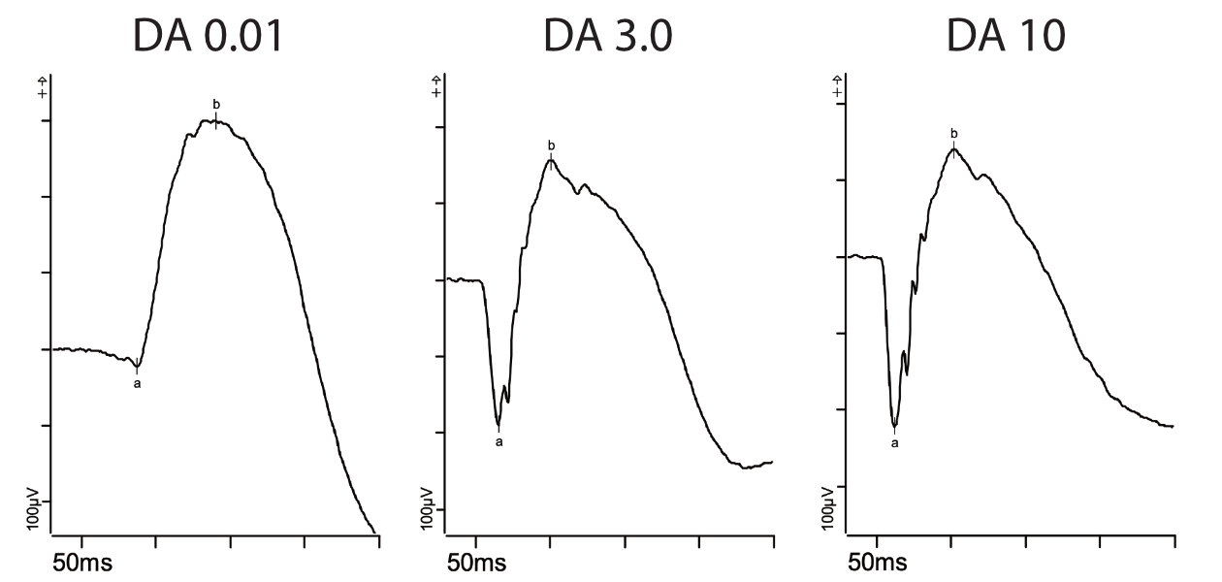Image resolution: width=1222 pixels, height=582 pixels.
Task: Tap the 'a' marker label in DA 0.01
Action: (137, 384)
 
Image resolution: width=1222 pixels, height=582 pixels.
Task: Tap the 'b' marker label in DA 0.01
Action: (215, 104)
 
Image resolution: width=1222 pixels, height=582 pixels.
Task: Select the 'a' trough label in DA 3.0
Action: (499, 442)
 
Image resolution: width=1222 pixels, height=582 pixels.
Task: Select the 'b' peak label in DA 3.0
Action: (551, 146)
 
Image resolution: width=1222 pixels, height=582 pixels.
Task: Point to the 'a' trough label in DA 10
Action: (894, 443)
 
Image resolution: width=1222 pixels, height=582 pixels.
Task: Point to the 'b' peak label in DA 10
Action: (953, 133)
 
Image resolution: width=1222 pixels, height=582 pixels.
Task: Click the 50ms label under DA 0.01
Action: (82, 564)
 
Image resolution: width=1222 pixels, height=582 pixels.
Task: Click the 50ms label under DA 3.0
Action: (476, 564)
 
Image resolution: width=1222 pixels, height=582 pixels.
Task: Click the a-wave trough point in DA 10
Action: (894, 426)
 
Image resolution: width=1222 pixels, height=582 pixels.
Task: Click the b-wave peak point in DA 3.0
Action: (551, 159)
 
